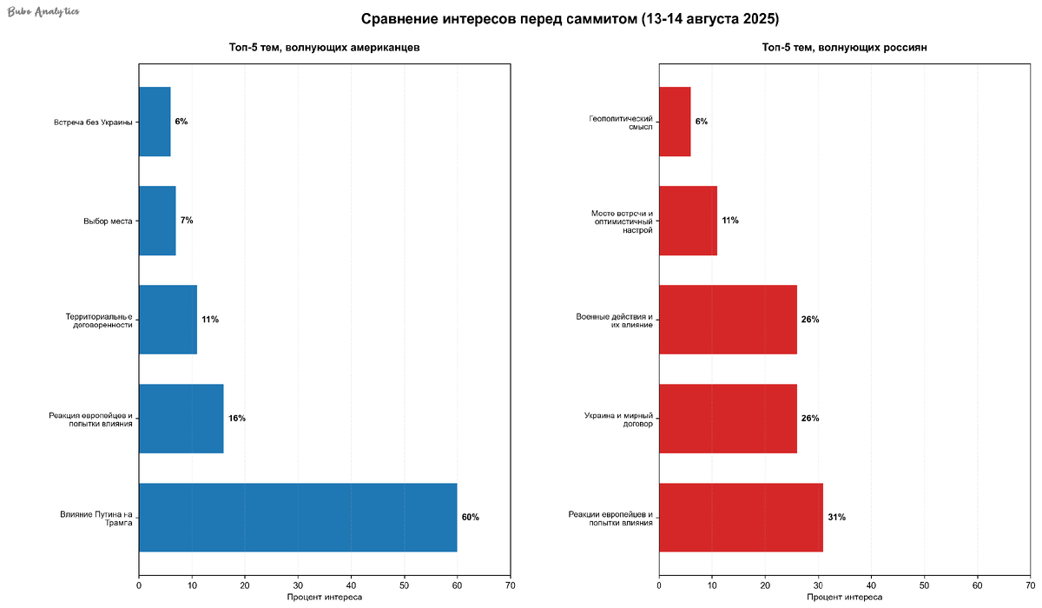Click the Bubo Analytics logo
click(43, 11)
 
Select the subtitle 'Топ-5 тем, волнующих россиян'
click(845, 48)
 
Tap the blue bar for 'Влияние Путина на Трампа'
click(298, 517)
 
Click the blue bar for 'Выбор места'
click(157, 221)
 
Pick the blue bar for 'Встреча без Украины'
click(155, 122)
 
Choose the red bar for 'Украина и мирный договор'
click(728, 418)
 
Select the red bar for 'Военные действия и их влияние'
click(728, 320)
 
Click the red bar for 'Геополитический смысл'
click(675, 122)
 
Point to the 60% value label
click(470, 518)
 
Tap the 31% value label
click(836, 518)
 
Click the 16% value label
click(237, 419)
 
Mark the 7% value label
click(187, 221)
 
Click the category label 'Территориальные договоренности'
click(98, 320)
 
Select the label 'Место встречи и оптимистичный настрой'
click(621, 221)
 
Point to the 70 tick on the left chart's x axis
click(510, 586)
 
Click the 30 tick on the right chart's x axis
click(818, 586)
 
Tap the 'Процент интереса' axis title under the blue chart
click(324, 598)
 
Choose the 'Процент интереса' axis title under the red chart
click(845, 598)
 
